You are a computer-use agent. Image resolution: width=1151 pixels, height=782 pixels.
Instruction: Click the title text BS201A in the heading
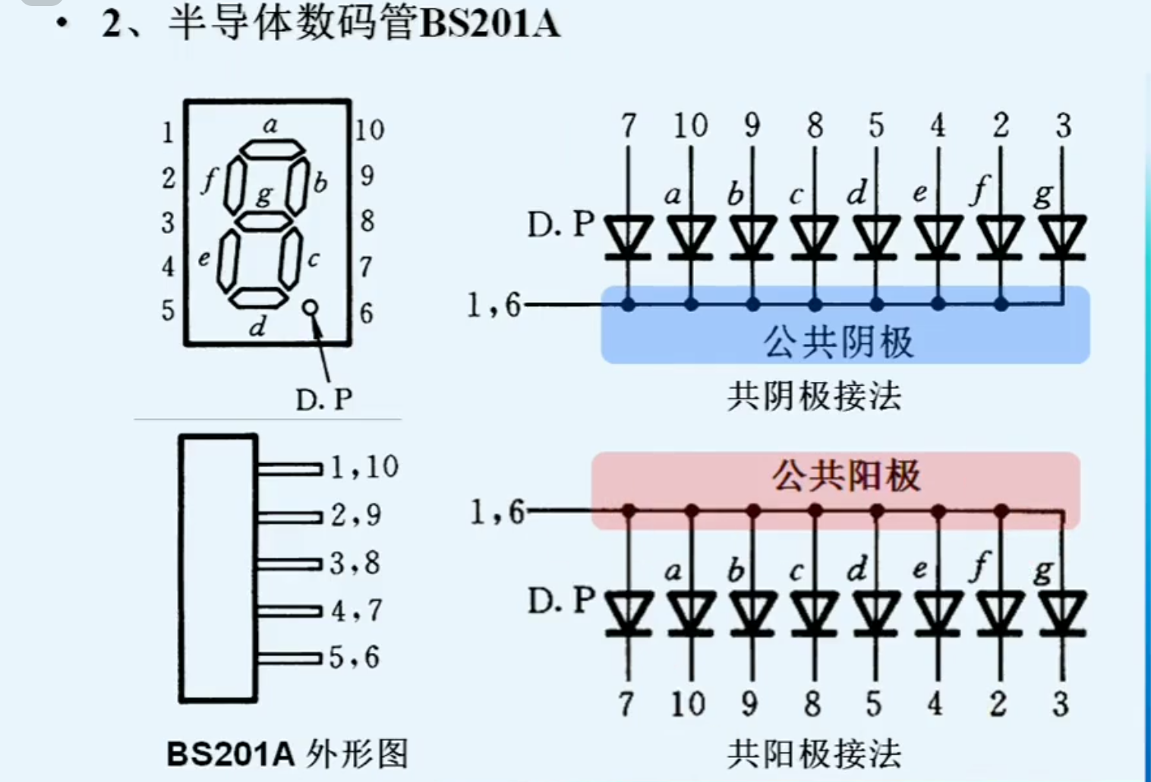pos(490,23)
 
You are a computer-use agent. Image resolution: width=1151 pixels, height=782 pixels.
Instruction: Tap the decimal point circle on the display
pos(310,307)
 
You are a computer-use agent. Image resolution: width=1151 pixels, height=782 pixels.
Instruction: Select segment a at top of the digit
pos(272,149)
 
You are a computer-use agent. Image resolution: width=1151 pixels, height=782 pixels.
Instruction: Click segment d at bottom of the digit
pos(258,297)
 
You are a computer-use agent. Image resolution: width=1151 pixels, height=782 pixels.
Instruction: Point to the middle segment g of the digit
pos(263,222)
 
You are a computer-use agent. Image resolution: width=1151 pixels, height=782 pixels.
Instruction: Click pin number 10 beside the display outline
pos(370,130)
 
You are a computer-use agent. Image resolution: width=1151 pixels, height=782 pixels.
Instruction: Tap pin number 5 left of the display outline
pos(168,311)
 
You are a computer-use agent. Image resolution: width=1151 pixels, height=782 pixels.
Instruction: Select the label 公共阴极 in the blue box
pos(838,342)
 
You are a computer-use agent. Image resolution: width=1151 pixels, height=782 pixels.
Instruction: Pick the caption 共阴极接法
pos(814,396)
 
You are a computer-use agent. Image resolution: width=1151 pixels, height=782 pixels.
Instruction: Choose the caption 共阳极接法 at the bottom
pos(814,754)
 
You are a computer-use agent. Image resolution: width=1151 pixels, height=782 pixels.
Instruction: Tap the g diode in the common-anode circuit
pos(1062,613)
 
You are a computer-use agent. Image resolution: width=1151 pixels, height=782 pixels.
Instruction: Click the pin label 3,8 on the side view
pos(355,563)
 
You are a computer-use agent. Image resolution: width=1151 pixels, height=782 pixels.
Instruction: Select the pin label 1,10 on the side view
pos(364,467)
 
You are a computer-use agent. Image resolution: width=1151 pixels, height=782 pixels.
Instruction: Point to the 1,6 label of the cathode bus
pos(494,305)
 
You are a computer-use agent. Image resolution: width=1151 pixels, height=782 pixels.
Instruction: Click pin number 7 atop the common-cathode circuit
pos(628,125)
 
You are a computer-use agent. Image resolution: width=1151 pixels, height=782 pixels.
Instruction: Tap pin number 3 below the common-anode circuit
pos(1061,704)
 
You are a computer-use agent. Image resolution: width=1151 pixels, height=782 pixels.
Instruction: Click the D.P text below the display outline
pos(324,399)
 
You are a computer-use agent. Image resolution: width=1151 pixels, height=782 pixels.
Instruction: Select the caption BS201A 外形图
pos(287,754)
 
